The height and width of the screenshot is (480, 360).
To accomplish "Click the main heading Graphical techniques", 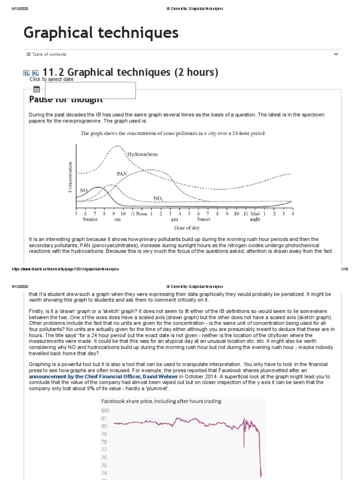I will (101, 33).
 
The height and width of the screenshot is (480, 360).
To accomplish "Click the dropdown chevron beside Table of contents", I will (336, 54).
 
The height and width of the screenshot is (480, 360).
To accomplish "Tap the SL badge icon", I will (27, 73).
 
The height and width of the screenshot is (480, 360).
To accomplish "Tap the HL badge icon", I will (35, 73).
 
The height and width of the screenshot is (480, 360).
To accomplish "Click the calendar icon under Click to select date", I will (37, 89).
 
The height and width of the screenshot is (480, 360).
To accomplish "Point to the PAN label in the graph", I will (122, 173).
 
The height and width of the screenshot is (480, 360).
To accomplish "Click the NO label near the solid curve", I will (84, 190).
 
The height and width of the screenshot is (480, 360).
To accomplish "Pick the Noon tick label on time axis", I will (142, 214).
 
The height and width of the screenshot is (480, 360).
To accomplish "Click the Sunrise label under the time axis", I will (90, 219).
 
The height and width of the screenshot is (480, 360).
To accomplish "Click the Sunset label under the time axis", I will (203, 219).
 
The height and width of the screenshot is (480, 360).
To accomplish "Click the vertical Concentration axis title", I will (71, 177).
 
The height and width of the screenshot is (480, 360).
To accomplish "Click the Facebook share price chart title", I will (161, 401).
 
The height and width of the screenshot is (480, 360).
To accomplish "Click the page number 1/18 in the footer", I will (343, 269).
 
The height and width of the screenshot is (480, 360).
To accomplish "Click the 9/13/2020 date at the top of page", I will (20, 9).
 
